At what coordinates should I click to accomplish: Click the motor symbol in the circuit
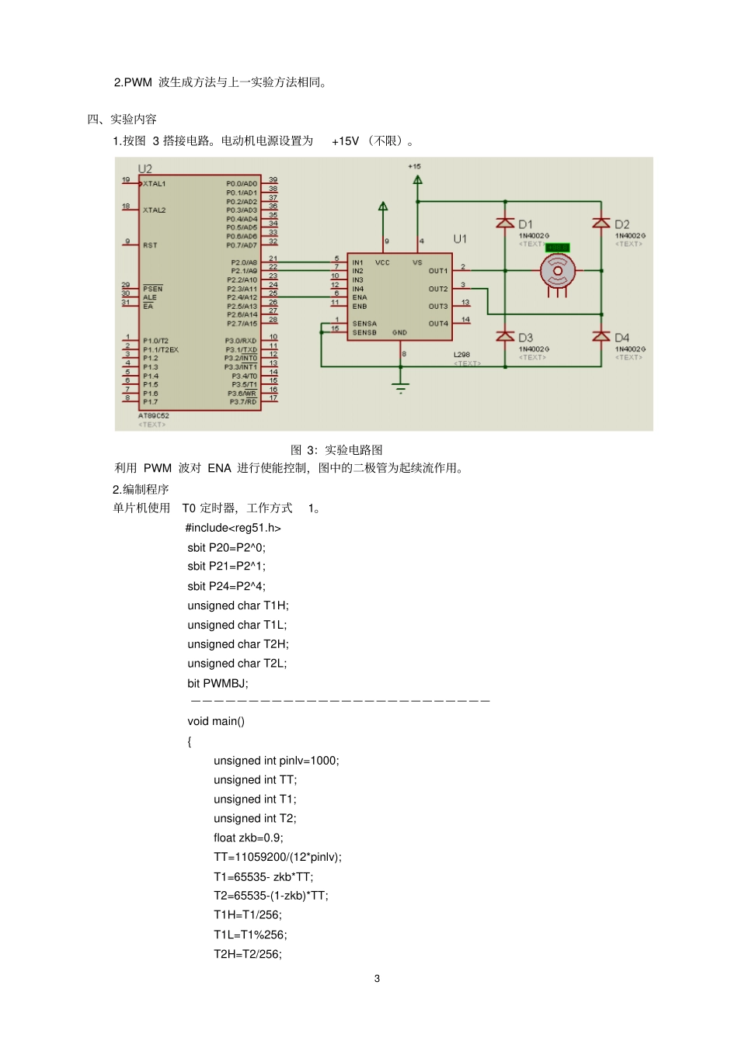click(557, 272)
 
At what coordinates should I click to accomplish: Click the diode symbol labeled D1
click(506, 224)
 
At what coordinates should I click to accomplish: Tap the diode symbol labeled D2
click(601, 224)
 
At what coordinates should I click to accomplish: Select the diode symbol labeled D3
click(506, 337)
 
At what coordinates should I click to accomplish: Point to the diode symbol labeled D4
click(601, 337)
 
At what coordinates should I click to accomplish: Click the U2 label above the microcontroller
click(145, 168)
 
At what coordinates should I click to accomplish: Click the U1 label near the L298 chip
click(460, 238)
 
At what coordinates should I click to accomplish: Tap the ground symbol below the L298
click(400, 387)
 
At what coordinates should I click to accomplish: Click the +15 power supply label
click(415, 166)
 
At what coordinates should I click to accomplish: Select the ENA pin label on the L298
click(360, 297)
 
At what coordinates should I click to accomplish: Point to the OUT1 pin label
click(438, 271)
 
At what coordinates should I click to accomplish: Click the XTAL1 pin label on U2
click(155, 184)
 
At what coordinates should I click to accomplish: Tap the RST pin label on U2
click(150, 245)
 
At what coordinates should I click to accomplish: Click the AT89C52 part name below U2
click(154, 416)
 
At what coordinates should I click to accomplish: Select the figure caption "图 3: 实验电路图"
click(336, 450)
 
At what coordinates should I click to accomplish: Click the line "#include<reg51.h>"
click(233, 528)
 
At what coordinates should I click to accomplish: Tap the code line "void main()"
click(216, 721)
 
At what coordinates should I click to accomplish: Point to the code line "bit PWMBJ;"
click(218, 683)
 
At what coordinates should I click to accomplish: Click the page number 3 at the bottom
click(378, 979)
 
